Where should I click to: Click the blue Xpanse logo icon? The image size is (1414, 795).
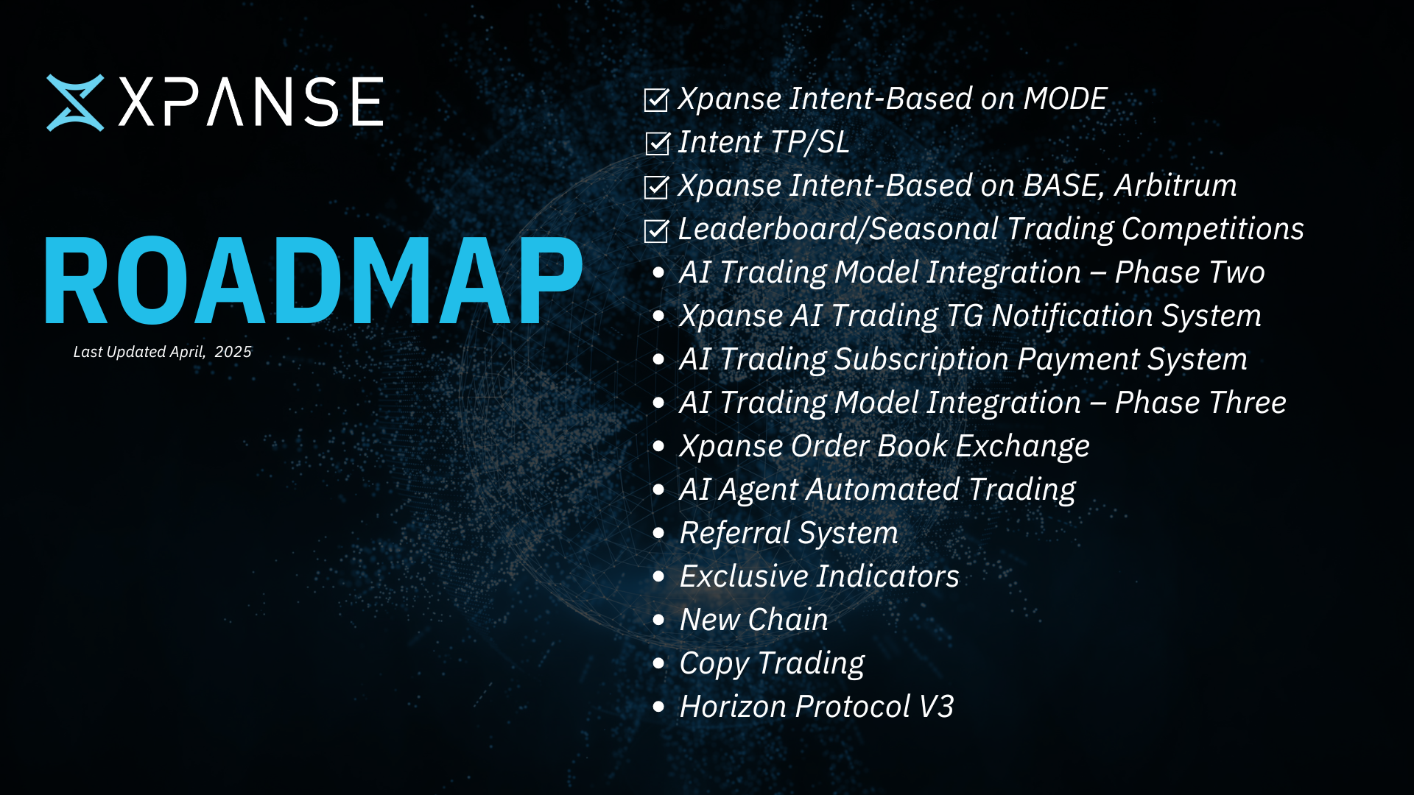tap(75, 102)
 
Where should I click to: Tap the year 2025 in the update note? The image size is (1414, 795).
tap(233, 352)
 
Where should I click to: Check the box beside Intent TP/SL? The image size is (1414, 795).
tap(657, 144)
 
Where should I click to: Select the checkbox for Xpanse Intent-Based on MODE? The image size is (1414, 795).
tap(657, 99)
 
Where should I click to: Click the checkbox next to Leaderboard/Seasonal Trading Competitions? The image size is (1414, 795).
tap(657, 230)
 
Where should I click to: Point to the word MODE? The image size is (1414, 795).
tap(1066, 99)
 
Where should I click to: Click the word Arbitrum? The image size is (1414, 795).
tap(1175, 185)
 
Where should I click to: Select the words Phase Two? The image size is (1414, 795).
tap(1190, 272)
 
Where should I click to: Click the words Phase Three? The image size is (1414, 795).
tap(1200, 403)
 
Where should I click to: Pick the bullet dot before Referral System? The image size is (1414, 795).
tap(659, 533)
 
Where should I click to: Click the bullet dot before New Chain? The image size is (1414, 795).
tap(659, 620)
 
